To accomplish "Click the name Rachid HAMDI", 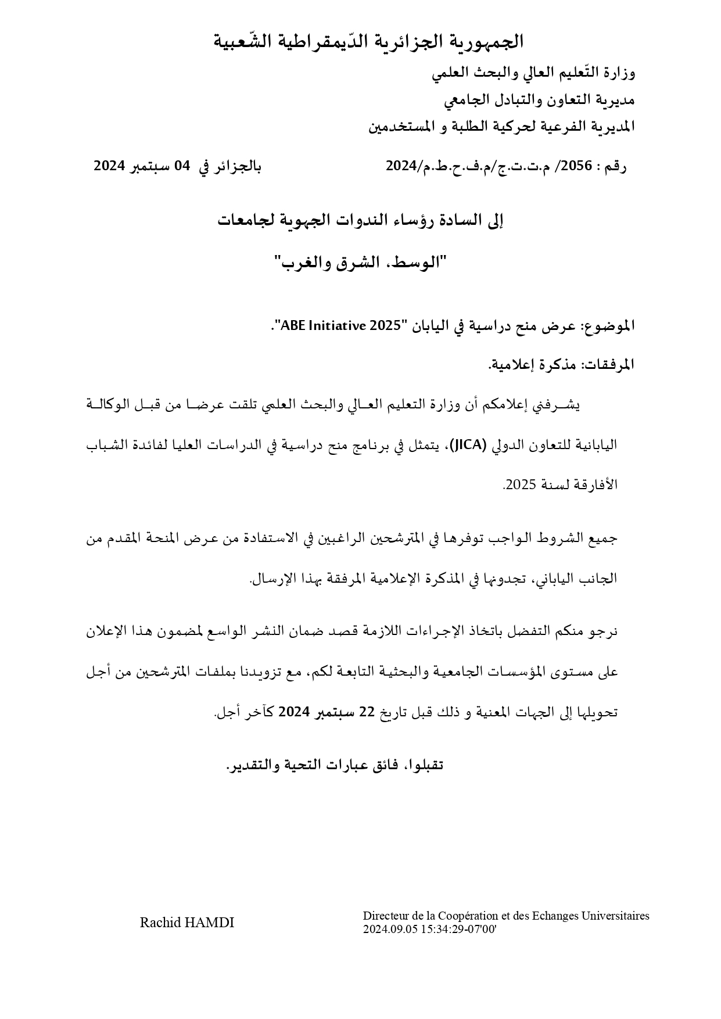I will tap(186, 923).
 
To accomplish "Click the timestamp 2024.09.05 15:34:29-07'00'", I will tap(429, 928).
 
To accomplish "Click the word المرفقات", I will tap(607, 365).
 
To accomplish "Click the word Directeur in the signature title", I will tap(384, 916).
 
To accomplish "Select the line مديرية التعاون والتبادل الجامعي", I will tap(539, 100).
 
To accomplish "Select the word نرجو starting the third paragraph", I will tap(602, 631).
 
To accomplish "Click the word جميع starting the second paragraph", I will tap(604, 539).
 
